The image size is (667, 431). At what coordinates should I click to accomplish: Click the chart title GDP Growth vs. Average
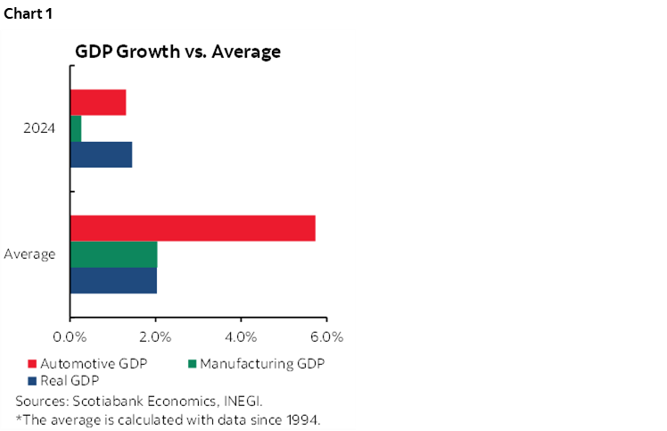tap(178, 52)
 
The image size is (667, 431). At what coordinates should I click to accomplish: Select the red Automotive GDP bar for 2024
tap(98, 103)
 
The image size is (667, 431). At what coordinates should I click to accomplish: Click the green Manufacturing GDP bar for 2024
tap(76, 128)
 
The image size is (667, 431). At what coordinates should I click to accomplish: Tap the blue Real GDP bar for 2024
tap(101, 154)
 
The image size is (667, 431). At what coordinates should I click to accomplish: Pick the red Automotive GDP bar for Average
tap(193, 228)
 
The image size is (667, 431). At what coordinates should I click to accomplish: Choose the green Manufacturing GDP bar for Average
tap(113, 254)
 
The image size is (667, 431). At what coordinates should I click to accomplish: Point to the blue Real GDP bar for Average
tap(113, 280)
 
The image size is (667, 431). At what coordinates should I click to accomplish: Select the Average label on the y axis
tap(29, 254)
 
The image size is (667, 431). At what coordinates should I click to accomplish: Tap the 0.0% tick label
tap(70, 336)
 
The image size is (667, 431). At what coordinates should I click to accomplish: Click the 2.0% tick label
tap(156, 336)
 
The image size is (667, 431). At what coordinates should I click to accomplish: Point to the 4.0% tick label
tap(242, 336)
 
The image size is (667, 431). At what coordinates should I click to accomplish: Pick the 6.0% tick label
tap(327, 336)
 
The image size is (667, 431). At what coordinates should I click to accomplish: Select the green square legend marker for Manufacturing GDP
tap(193, 364)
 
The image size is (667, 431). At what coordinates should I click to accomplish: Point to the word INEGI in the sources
tap(243, 402)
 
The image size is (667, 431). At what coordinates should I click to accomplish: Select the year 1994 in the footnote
tap(301, 420)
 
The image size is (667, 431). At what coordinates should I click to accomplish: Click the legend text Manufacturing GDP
tap(262, 364)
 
